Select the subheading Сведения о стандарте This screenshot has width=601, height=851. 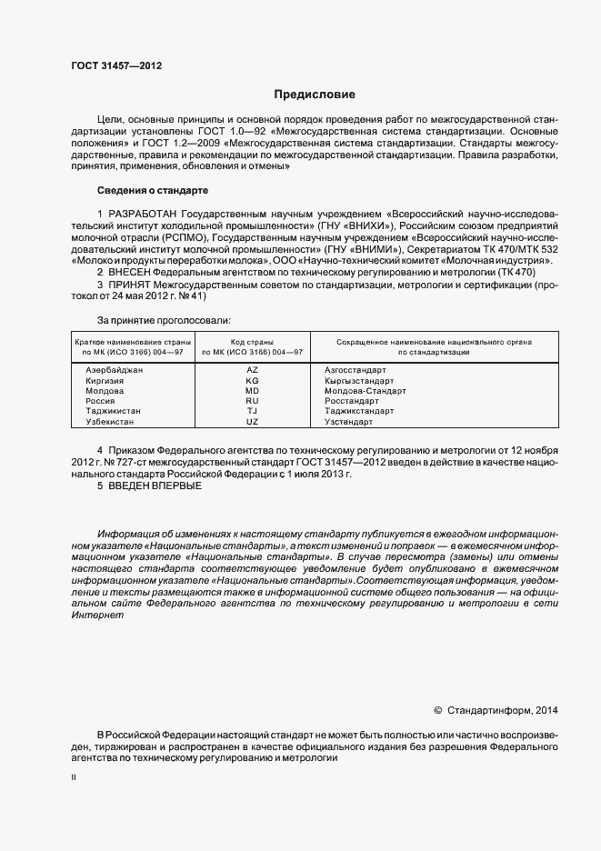coord(152,191)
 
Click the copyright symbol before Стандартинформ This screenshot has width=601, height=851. coord(437,710)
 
